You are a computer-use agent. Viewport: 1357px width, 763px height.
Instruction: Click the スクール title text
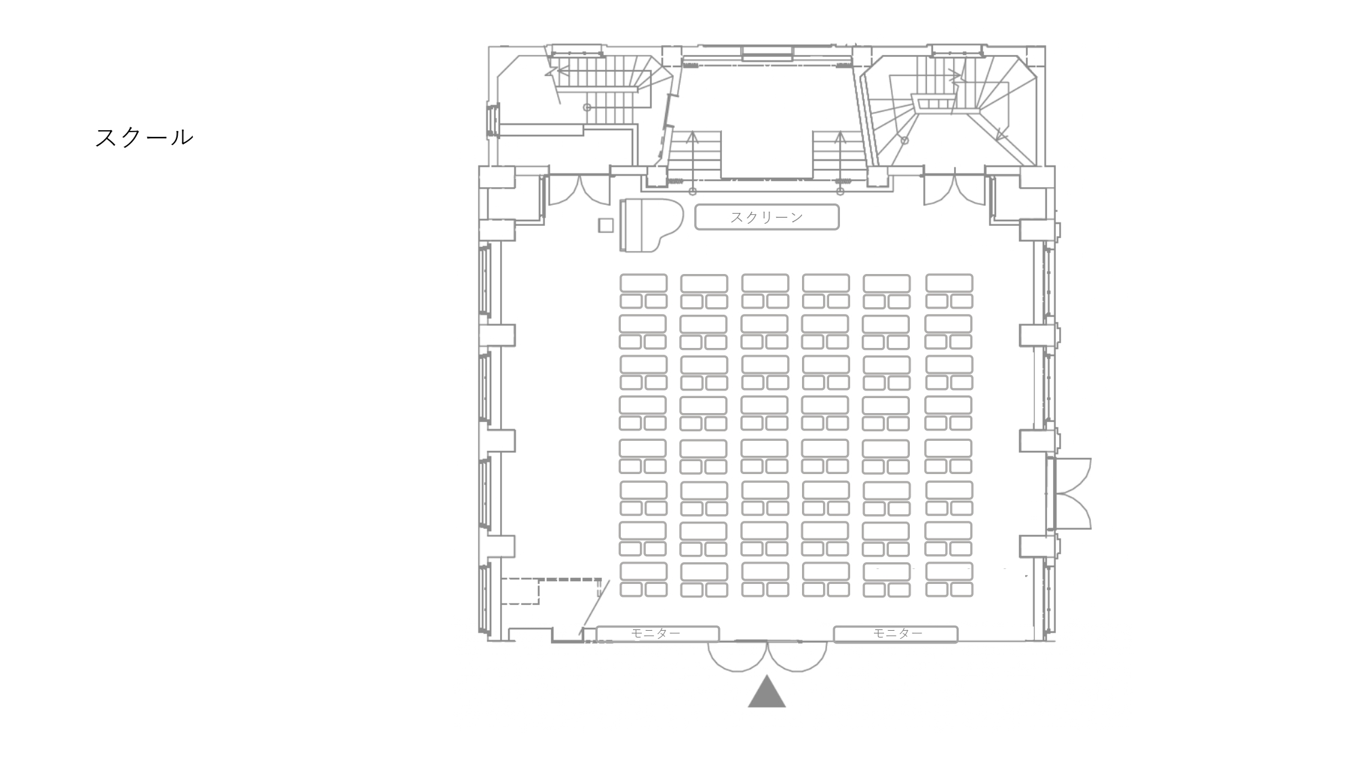pos(144,138)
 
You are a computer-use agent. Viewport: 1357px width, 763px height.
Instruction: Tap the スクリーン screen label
pos(767,217)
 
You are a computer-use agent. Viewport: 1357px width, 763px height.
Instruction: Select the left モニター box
pos(657,633)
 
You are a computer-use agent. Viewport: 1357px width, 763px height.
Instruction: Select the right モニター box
pos(896,633)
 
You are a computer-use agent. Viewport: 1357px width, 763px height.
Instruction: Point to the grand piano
pos(648,225)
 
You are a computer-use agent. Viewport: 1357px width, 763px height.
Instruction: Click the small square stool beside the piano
pos(605,225)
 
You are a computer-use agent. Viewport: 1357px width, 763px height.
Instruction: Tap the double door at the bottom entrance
pos(767,655)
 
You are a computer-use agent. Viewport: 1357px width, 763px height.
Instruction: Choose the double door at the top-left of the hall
pos(579,189)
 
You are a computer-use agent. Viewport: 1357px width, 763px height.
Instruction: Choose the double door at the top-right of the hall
pos(954,189)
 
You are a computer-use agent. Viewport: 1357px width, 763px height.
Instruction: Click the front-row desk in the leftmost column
pos(643,283)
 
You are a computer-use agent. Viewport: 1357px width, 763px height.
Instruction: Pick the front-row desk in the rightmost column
pos(949,283)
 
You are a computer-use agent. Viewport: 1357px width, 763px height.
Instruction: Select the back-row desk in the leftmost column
pos(643,571)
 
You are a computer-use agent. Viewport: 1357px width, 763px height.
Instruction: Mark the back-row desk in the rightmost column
pos(949,571)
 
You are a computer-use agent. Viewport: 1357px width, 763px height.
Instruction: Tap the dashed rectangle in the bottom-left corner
pos(520,591)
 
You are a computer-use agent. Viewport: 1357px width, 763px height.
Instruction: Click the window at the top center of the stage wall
pos(767,53)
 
